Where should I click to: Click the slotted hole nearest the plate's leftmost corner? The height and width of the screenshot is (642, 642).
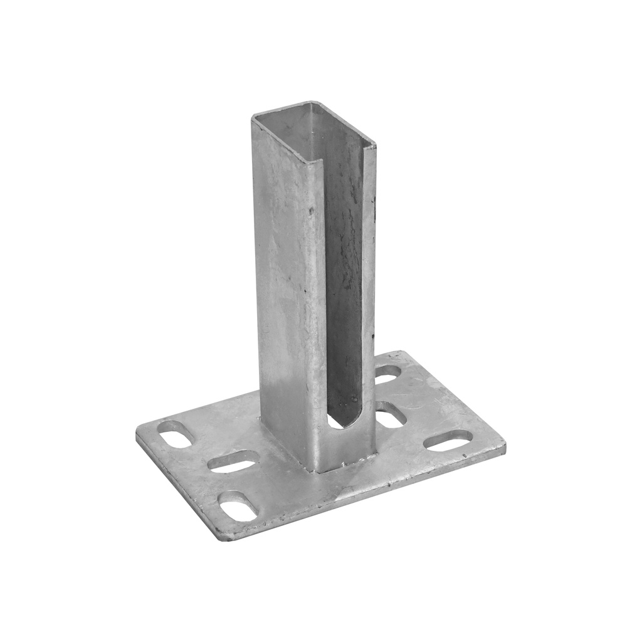coord(174,434)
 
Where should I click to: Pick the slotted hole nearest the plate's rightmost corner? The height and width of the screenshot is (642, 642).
coord(448,440)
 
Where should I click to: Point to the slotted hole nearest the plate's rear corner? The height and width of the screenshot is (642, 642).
coord(387,374)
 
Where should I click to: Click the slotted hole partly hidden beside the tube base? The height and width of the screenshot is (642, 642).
coord(390,415)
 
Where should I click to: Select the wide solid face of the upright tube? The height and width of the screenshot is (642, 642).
coord(288,282)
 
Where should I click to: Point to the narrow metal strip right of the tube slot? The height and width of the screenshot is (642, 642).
coord(369,282)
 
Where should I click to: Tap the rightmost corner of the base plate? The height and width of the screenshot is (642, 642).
coord(504,446)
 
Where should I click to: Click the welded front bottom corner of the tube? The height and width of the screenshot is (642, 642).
coord(317,470)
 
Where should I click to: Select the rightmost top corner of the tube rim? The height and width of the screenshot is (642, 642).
coord(375,148)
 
